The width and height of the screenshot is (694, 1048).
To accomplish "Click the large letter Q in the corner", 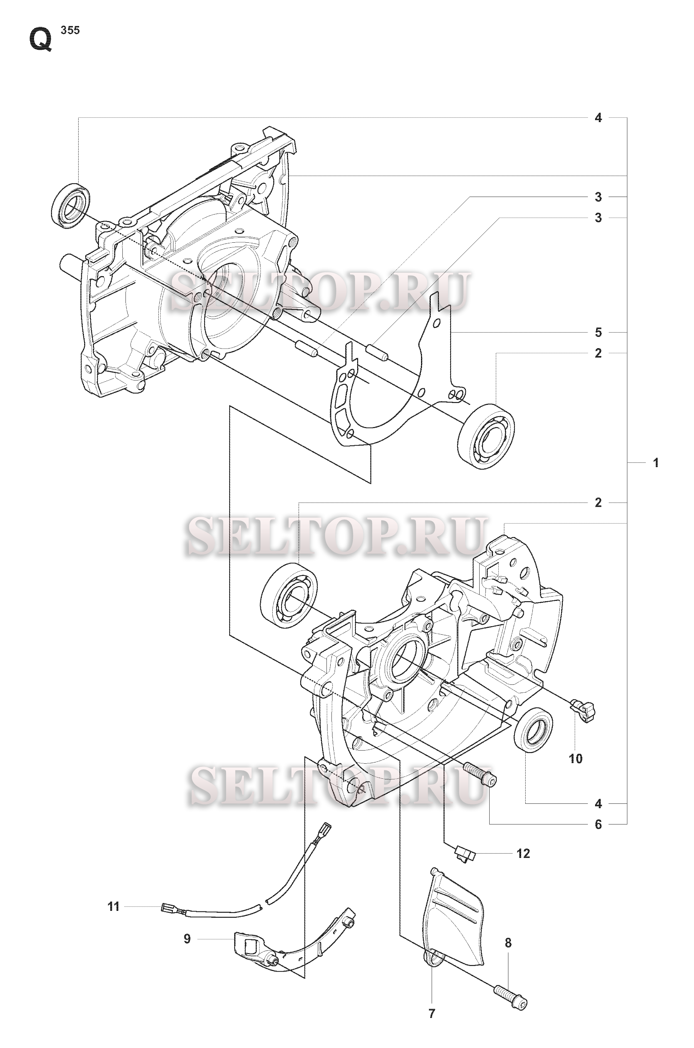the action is pos(41,41).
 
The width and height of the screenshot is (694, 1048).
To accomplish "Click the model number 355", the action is pos(70,31).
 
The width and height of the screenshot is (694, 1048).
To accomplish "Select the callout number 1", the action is pos(656,463).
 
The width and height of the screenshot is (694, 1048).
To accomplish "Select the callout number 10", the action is pos(575,758).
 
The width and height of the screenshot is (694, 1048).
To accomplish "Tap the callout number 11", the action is pos(114,907).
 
